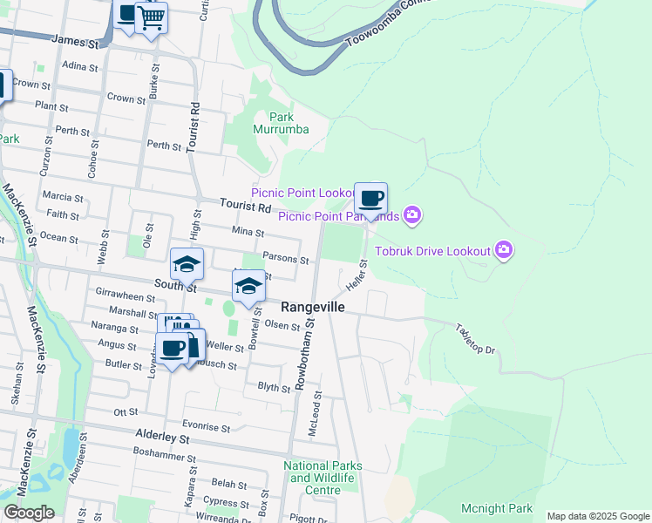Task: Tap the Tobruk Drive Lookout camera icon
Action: click(x=504, y=251)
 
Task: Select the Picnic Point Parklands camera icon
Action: click(x=413, y=214)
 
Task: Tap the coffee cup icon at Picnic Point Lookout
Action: click(x=371, y=199)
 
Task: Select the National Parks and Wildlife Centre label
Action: click(x=323, y=478)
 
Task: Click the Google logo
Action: click(x=29, y=513)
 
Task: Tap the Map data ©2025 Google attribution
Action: click(x=598, y=516)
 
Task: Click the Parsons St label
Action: click(x=286, y=260)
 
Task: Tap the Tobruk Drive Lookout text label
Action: click(x=433, y=251)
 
